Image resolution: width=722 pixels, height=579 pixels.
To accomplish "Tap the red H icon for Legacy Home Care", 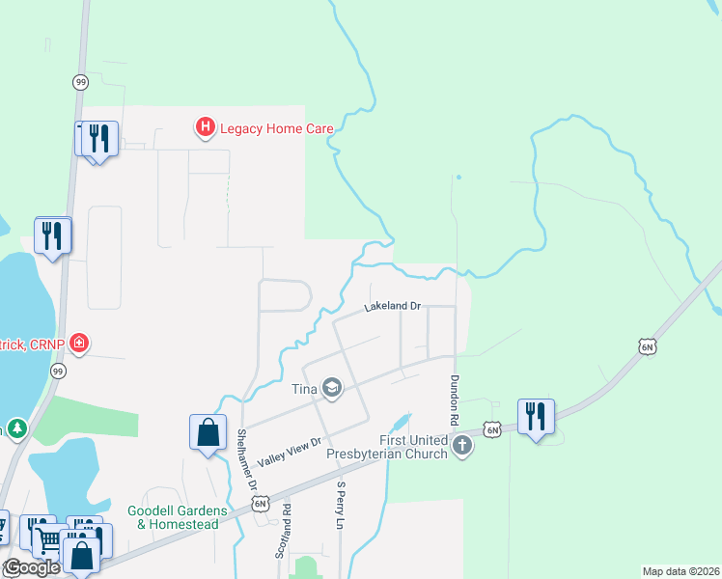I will click(x=205, y=126).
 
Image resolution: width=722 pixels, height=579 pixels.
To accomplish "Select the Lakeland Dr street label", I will click(x=393, y=307).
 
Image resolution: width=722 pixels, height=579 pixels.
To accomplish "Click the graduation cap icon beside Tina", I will click(x=333, y=388).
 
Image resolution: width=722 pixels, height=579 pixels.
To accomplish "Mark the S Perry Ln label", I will click(x=341, y=506).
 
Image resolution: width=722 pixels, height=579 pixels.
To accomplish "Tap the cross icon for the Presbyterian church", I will click(x=463, y=445).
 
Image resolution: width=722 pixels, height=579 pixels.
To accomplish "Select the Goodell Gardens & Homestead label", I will click(x=177, y=516).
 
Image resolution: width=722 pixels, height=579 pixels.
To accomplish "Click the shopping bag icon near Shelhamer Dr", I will click(x=208, y=431).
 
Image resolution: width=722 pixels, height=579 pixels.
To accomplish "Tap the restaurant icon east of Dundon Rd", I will click(x=536, y=416).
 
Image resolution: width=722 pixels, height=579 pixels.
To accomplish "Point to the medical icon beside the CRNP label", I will click(x=79, y=343).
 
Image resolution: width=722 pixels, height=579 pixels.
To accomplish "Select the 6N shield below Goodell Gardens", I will click(x=260, y=503).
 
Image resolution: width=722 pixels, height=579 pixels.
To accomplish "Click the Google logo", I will click(x=32, y=567).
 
